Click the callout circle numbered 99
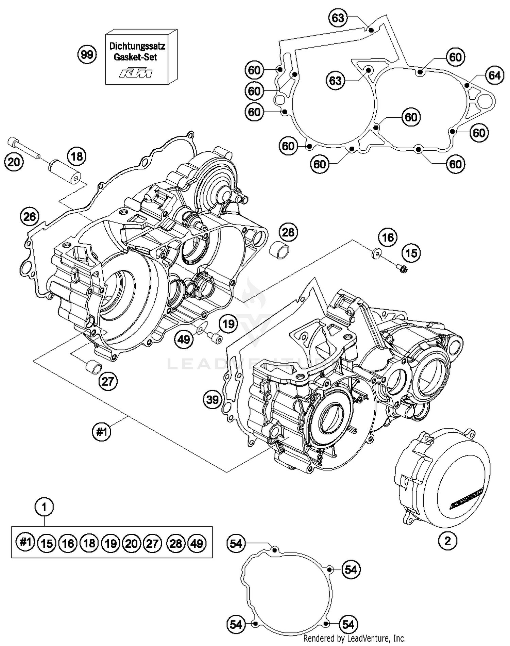(x=87, y=54)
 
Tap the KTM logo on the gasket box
(x=136, y=73)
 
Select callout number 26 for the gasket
(x=30, y=216)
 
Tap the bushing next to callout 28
(x=279, y=251)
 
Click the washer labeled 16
(x=376, y=253)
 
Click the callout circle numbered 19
(x=228, y=324)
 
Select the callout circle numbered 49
(x=184, y=339)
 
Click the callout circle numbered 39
(x=213, y=399)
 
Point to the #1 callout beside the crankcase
(x=102, y=432)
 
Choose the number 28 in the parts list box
(x=175, y=543)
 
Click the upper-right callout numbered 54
(x=351, y=569)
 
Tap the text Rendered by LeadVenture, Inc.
(x=354, y=638)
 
